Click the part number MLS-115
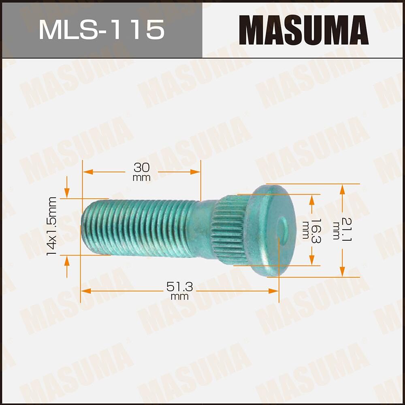(x=101, y=29)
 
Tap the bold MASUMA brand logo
(x=303, y=30)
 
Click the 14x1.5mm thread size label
(x=51, y=226)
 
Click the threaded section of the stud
(x=138, y=227)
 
